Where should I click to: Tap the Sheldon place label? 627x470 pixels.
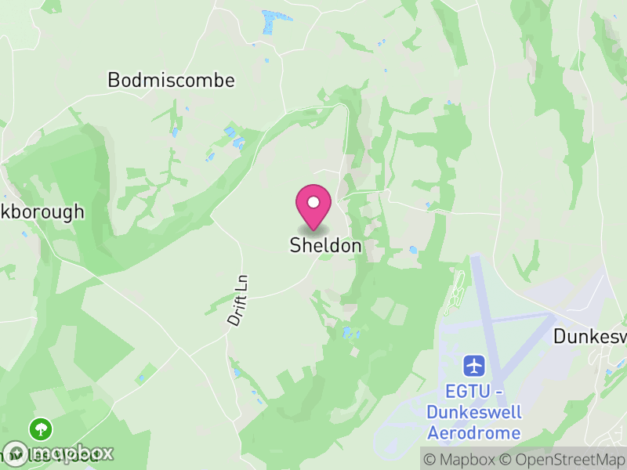click(x=326, y=245)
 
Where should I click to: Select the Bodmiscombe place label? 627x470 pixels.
click(x=171, y=80)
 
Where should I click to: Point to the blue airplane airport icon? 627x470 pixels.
click(x=474, y=365)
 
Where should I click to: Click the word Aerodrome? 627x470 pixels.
click(x=474, y=432)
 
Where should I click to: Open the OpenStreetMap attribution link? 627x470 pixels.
click(x=564, y=459)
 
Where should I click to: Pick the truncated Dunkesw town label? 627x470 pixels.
click(x=590, y=337)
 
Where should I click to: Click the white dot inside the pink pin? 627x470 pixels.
click(x=313, y=202)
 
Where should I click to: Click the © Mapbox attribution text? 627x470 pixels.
click(x=460, y=459)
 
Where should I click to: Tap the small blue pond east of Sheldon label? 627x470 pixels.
click(x=413, y=251)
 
